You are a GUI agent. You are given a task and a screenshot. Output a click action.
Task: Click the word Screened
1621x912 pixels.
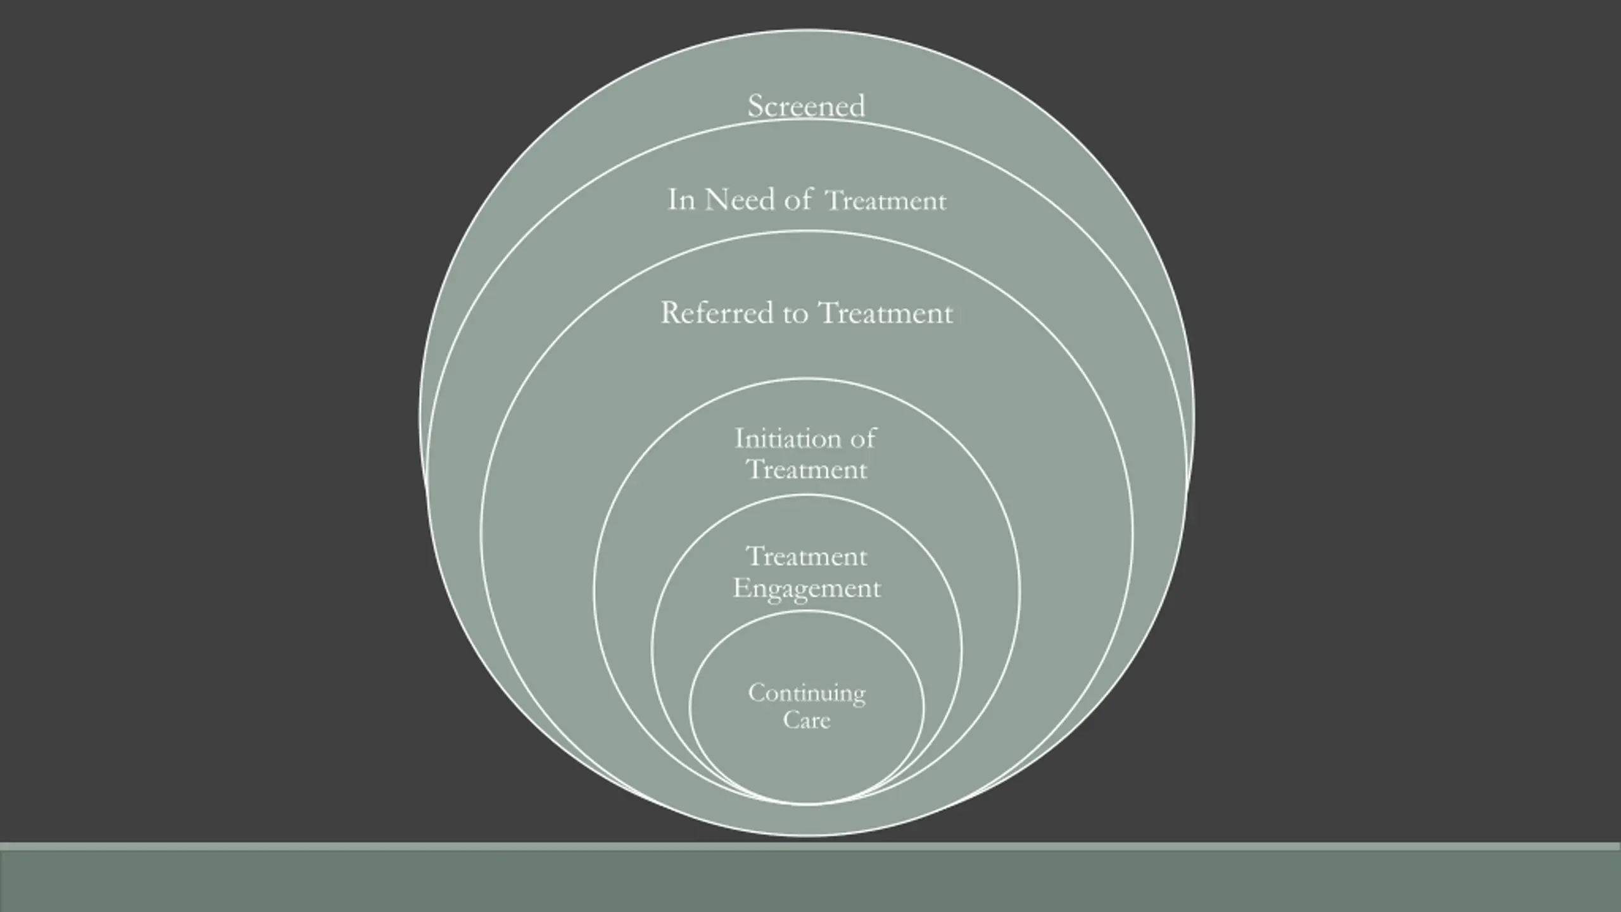pyautogui.click(x=806, y=106)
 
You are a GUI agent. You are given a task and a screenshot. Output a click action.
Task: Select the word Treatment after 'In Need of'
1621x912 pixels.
pyautogui.click(x=886, y=201)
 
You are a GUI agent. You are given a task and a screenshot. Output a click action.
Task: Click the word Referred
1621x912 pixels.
pyautogui.click(x=717, y=313)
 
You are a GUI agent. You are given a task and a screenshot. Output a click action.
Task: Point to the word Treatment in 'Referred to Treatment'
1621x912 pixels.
pyautogui.click(x=885, y=313)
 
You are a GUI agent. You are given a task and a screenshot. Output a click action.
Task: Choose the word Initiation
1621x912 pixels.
pyautogui.click(x=788, y=438)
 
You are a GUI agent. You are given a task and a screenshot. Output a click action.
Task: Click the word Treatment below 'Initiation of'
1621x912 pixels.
pyautogui.click(x=806, y=470)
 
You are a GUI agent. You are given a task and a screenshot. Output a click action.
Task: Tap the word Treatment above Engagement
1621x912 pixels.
pyautogui.click(x=806, y=557)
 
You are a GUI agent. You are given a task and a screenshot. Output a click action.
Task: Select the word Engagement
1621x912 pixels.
pyautogui.click(x=806, y=589)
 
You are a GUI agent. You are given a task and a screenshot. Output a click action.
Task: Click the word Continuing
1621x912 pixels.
pyautogui.click(x=806, y=693)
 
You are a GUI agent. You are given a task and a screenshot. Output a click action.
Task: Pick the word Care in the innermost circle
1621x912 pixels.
pyautogui.click(x=806, y=720)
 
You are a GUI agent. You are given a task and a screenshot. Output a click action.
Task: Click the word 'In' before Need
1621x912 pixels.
pyautogui.click(x=681, y=200)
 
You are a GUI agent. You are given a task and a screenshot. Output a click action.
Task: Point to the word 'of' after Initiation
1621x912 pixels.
pyautogui.click(x=863, y=438)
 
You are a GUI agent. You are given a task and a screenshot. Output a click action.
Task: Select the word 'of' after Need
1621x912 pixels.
pyautogui.click(x=798, y=200)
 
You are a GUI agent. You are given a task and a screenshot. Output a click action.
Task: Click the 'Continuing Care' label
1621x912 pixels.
pyautogui.click(x=806, y=706)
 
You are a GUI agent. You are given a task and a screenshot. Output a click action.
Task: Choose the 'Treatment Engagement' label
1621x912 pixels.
pyautogui.click(x=806, y=573)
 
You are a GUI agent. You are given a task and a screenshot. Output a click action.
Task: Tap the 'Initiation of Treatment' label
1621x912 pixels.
pyautogui.click(x=806, y=454)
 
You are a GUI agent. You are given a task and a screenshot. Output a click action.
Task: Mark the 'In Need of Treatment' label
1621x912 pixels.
pyautogui.click(x=807, y=200)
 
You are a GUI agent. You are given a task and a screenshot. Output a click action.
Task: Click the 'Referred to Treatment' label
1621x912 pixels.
pyautogui.click(x=806, y=313)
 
